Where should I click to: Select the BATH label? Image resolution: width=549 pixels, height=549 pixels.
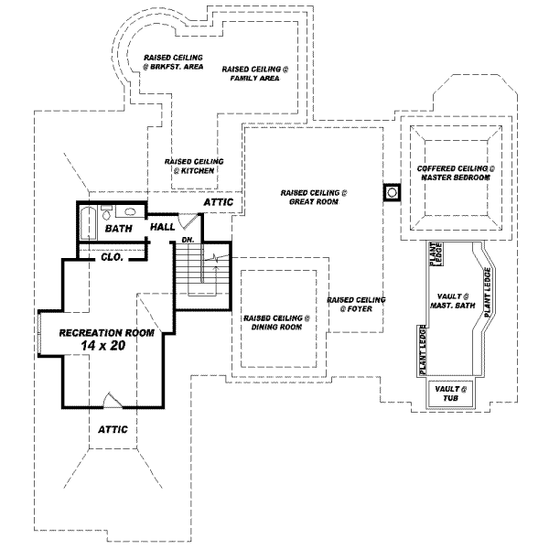(x=119, y=228)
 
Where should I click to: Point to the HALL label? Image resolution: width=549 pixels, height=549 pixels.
(x=163, y=227)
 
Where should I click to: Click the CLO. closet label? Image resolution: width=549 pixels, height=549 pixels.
(x=113, y=257)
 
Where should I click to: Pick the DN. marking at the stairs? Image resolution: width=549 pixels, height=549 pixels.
(x=187, y=240)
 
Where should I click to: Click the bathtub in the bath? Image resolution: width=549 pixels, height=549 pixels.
(x=88, y=222)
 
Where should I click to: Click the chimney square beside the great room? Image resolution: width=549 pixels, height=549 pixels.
(x=391, y=193)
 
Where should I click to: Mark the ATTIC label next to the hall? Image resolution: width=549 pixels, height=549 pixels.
(x=218, y=202)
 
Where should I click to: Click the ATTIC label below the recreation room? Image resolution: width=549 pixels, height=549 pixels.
(x=113, y=428)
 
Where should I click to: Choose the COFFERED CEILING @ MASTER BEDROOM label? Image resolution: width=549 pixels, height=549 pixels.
(x=456, y=173)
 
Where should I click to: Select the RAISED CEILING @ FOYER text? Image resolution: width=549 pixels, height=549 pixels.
(x=356, y=304)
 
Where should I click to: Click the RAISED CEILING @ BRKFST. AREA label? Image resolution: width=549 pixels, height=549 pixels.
(x=167, y=61)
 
